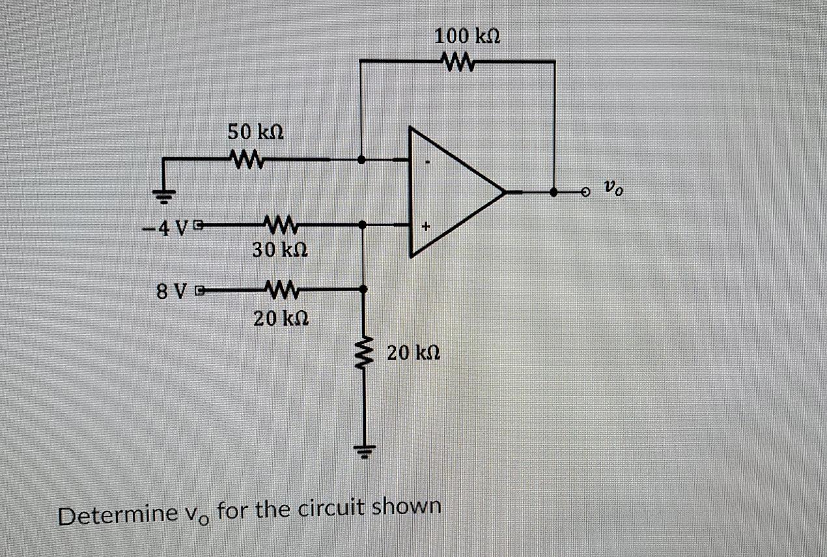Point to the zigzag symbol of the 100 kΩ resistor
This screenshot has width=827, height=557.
coord(460,62)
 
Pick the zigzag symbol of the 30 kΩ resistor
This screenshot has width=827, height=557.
coord(278,225)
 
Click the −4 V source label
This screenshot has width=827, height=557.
coord(163,228)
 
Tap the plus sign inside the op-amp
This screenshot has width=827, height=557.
coord(426,227)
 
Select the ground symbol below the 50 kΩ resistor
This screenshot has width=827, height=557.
coord(164,193)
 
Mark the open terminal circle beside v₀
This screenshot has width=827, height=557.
coord(586,193)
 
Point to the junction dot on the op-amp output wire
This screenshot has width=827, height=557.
coord(554,193)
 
